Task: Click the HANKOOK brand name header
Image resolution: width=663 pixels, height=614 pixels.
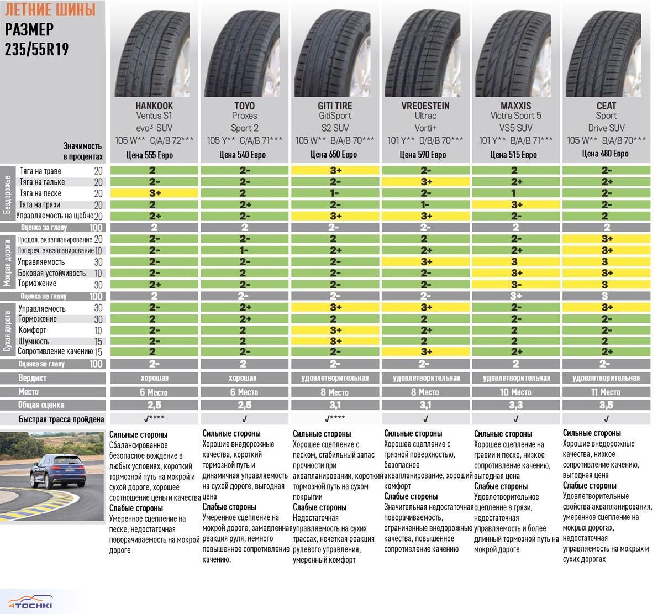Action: click(154, 106)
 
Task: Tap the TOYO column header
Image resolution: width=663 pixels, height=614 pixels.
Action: click(244, 106)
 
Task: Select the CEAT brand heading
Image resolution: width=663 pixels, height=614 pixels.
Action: click(606, 106)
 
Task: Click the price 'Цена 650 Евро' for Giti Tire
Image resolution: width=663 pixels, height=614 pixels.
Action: click(334, 155)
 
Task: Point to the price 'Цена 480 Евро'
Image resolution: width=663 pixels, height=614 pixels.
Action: click(606, 154)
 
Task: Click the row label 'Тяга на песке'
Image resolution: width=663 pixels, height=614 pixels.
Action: click(40, 193)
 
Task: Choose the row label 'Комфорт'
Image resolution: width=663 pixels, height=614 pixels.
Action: click(32, 330)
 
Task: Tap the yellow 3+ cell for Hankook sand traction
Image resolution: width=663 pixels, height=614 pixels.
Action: click(154, 193)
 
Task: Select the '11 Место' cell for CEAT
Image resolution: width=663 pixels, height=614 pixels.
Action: click(606, 392)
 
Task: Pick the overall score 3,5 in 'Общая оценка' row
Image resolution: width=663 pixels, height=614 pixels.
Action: click(606, 405)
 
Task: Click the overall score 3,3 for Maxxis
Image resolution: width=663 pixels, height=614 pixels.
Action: click(515, 405)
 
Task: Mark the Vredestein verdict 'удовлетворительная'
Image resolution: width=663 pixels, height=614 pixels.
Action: click(425, 378)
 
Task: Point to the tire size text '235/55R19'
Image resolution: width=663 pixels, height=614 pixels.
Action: click(37, 49)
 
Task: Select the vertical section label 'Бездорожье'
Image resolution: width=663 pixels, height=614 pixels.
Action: click(7, 195)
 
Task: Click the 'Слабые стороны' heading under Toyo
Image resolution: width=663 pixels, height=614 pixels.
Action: click(229, 507)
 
